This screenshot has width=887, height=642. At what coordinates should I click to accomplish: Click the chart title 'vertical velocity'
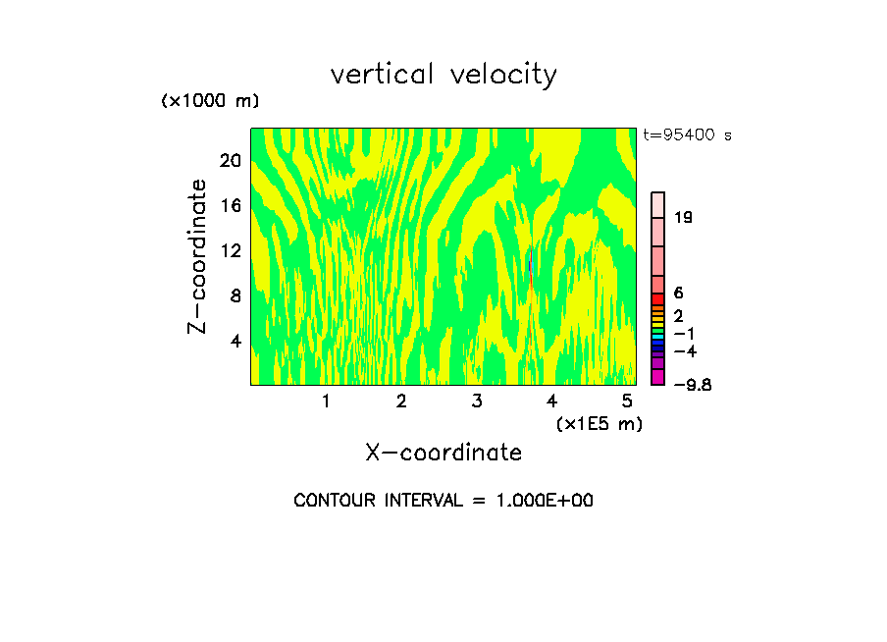click(x=443, y=75)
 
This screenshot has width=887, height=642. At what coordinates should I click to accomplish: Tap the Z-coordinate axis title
click(x=198, y=256)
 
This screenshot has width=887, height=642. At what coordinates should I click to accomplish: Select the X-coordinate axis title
click(x=443, y=453)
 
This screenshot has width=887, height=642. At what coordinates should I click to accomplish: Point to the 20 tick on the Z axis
click(x=230, y=161)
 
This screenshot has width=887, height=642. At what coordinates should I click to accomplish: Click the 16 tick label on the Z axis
click(x=230, y=206)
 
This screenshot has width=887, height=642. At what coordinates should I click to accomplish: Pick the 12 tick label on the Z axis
click(x=230, y=251)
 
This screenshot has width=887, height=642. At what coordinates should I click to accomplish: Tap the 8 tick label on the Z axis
click(x=235, y=296)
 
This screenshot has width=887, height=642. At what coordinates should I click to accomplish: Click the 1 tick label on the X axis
click(x=326, y=401)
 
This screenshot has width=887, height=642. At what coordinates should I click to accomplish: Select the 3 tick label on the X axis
click(x=476, y=401)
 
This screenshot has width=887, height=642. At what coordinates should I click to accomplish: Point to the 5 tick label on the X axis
click(x=627, y=401)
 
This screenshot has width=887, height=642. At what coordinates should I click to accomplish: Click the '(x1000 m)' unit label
click(x=209, y=102)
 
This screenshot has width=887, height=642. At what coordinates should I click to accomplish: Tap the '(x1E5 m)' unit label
click(x=599, y=424)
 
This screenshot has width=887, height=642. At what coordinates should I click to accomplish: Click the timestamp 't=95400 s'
click(x=687, y=135)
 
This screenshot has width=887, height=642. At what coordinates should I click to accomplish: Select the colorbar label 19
click(x=684, y=218)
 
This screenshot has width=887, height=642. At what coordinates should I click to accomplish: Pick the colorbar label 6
click(x=679, y=294)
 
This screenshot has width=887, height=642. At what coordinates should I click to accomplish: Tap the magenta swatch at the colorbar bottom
click(x=658, y=377)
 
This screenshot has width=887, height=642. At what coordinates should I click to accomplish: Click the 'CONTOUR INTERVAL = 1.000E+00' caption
click(x=443, y=501)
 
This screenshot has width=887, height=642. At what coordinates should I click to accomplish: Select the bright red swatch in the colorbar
click(x=658, y=299)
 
